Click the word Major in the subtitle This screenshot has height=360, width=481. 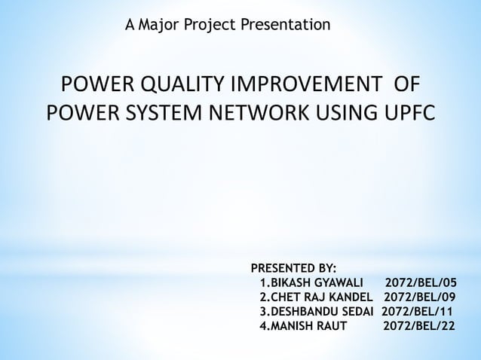(x=161, y=26)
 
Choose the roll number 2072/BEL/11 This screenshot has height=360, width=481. (x=417, y=312)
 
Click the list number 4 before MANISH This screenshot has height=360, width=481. (x=262, y=326)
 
